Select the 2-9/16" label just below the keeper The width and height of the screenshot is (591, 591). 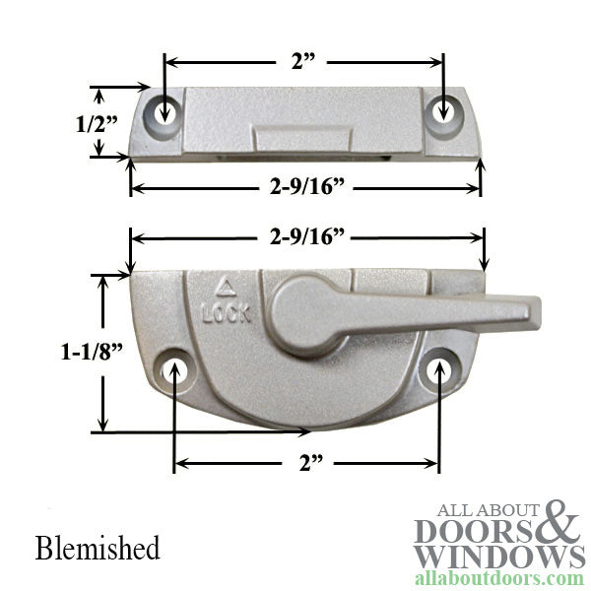click(x=305, y=187)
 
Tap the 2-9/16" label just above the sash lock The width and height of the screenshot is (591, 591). click(x=305, y=236)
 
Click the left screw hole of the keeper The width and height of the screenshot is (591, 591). click(x=164, y=107)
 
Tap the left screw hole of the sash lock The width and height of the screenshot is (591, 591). click(x=176, y=369)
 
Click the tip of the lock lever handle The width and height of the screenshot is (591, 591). click(x=532, y=312)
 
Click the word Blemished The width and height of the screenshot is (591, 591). click(x=97, y=547)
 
